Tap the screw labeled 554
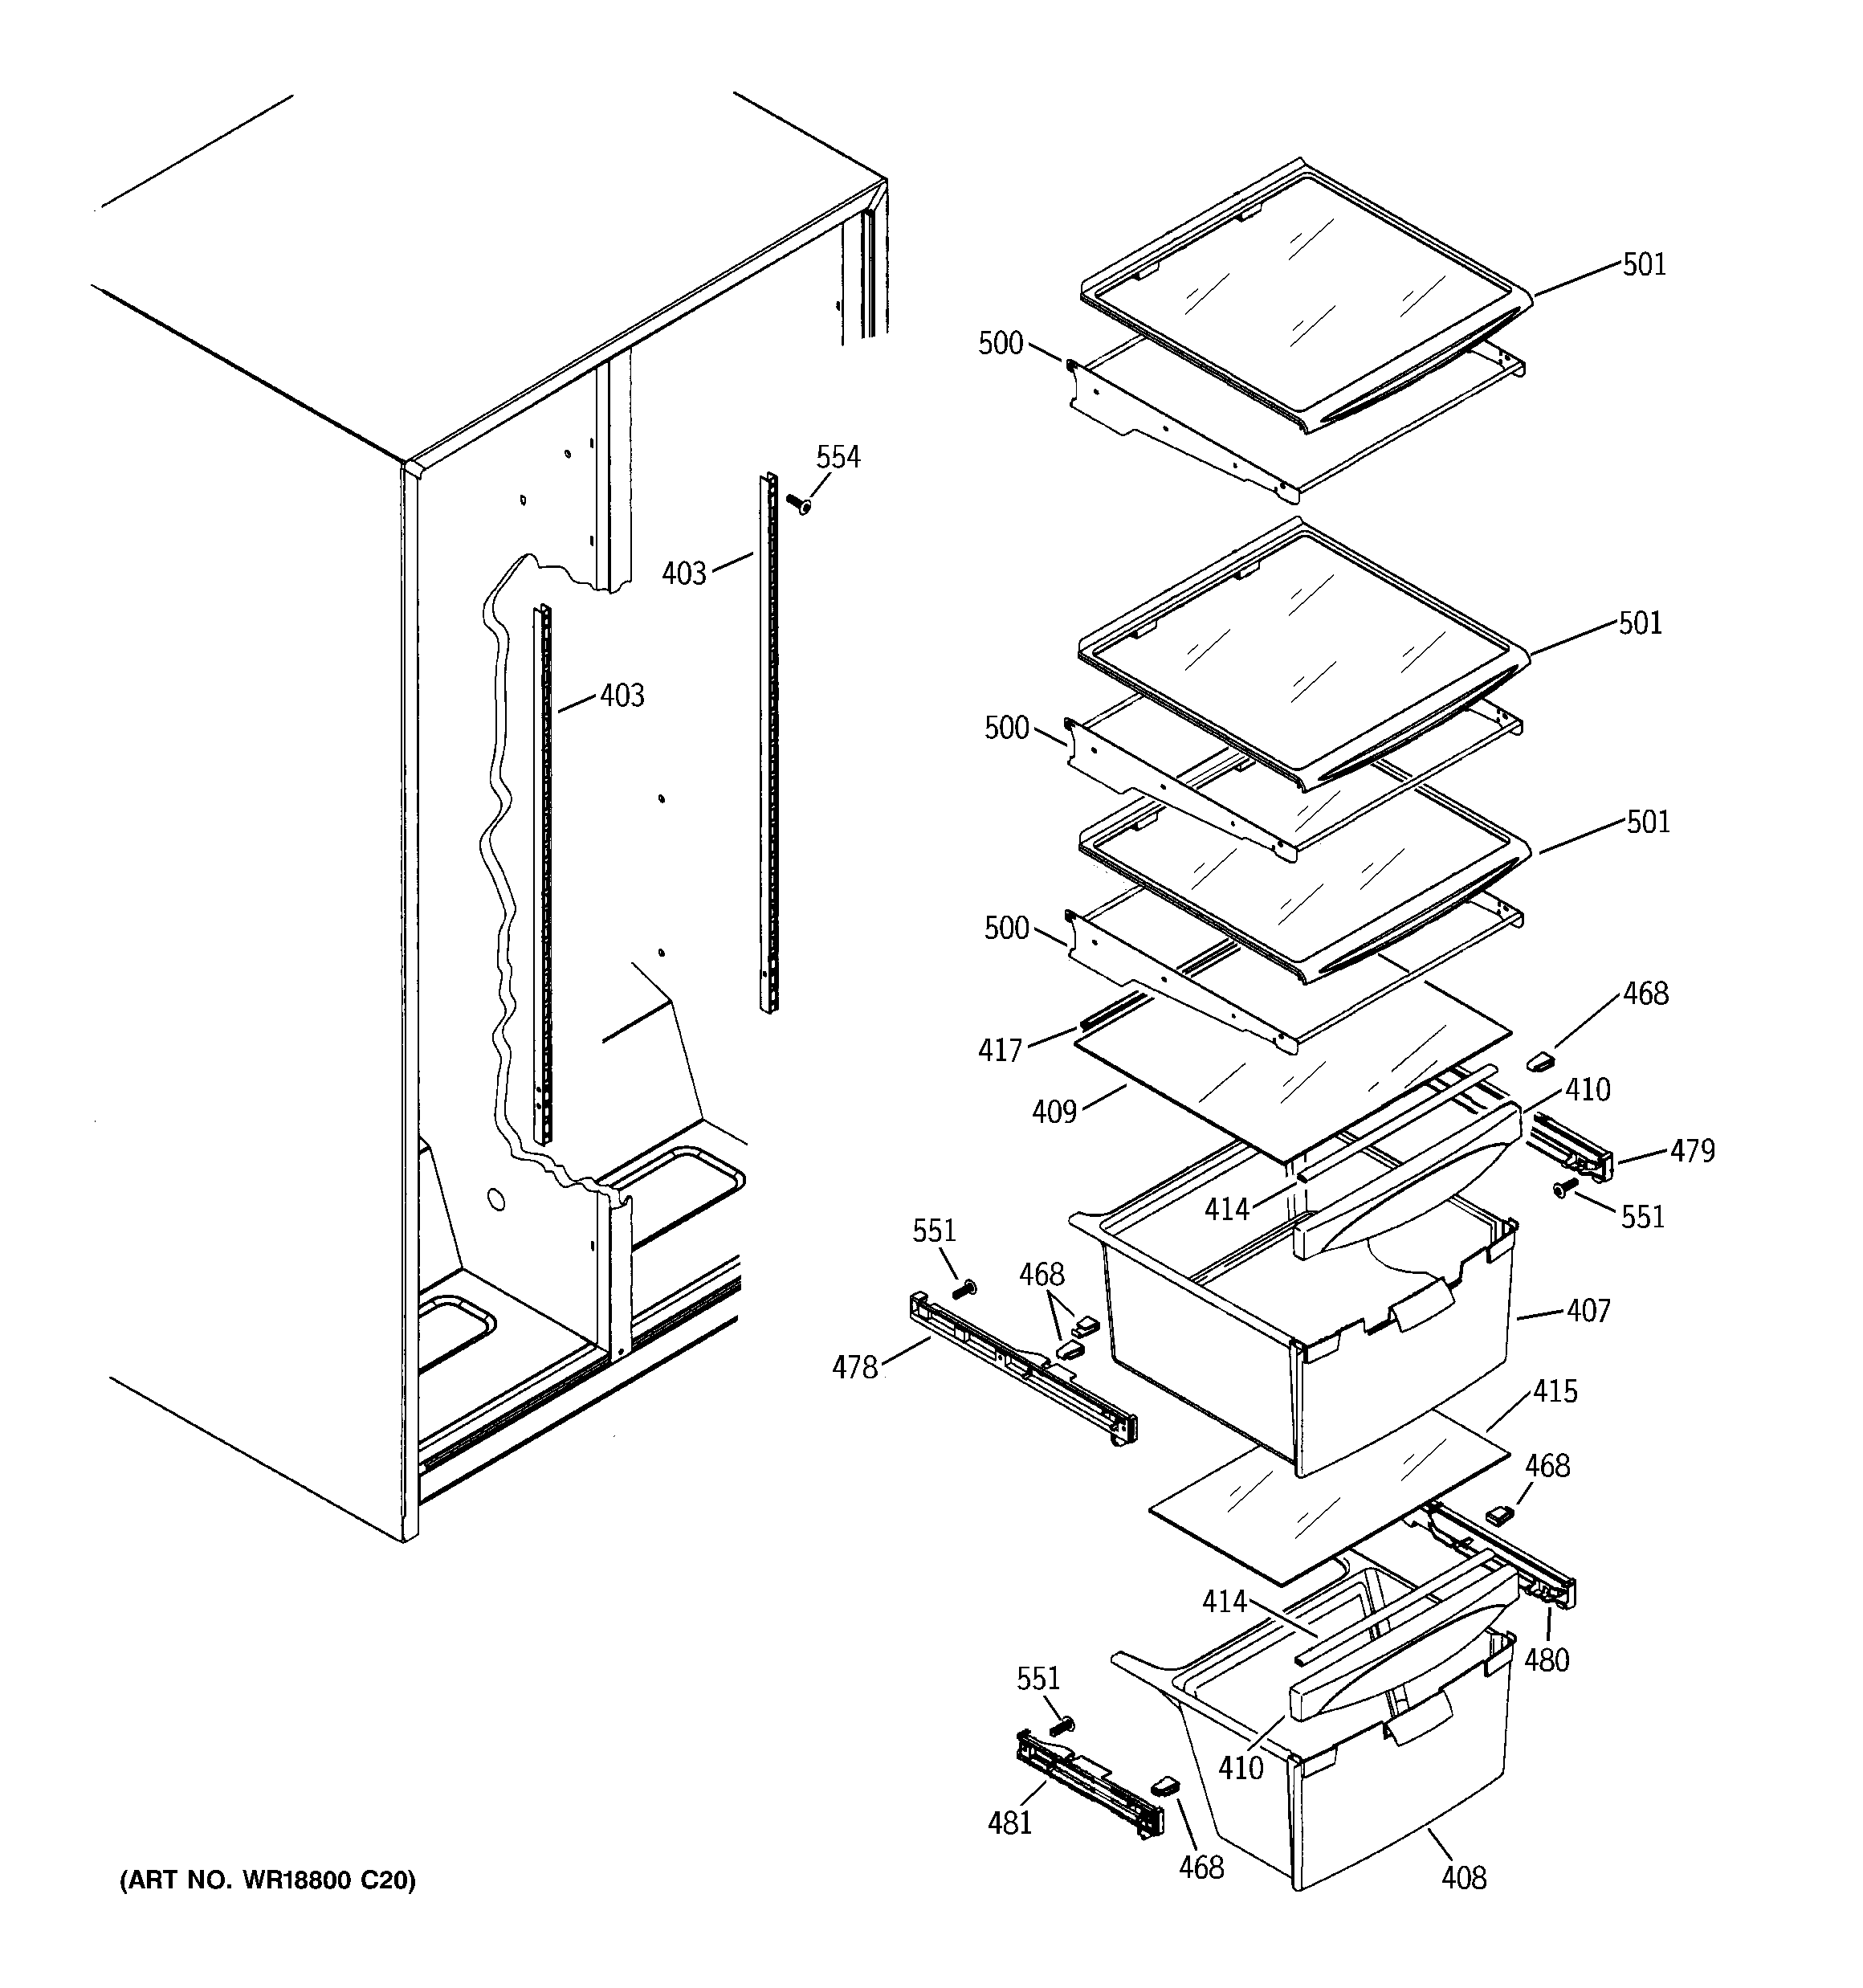click(x=798, y=505)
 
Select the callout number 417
click(x=1000, y=1050)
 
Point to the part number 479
click(x=1692, y=1151)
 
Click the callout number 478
click(x=855, y=1367)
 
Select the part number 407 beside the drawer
click(x=1588, y=1310)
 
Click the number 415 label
click(x=1555, y=1391)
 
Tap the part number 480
click(x=1546, y=1660)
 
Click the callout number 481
click(x=1009, y=1823)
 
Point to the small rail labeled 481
click(x=1090, y=1785)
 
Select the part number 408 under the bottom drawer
click(x=1463, y=1879)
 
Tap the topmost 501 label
click(x=1644, y=265)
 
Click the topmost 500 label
click(x=1000, y=344)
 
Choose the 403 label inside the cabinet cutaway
click(x=622, y=695)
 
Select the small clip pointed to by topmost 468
click(x=1539, y=1059)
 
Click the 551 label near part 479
click(x=1642, y=1217)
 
